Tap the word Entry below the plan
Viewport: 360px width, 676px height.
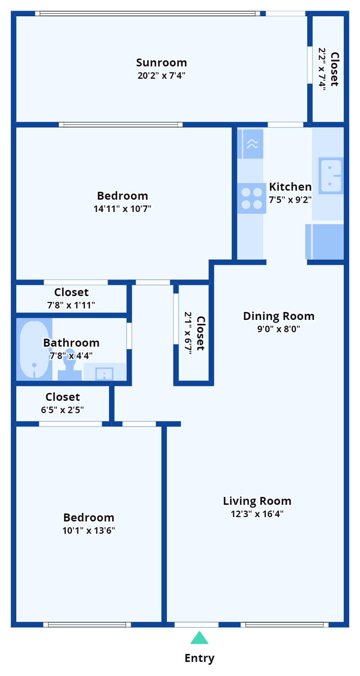(199, 658)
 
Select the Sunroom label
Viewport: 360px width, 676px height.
(161, 62)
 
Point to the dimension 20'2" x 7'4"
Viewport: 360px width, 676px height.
(161, 76)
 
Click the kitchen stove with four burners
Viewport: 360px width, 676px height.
(252, 198)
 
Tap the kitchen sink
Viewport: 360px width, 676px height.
(331, 176)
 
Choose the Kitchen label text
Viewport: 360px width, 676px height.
(290, 187)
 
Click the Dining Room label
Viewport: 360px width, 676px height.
(279, 316)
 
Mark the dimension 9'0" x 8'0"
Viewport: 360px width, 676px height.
(279, 329)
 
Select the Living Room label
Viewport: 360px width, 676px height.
(257, 501)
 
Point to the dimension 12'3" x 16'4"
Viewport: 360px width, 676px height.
(257, 514)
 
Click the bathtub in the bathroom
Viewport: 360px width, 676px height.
(34, 349)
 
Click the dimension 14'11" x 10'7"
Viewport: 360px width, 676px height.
(122, 209)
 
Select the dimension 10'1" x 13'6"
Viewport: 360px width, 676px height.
(88, 530)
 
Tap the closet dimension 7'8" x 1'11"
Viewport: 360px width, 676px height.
(71, 305)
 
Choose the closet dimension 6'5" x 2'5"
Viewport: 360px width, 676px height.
(62, 410)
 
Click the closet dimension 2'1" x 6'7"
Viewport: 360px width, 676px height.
(189, 333)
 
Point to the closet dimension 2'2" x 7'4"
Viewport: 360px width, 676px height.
(323, 69)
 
